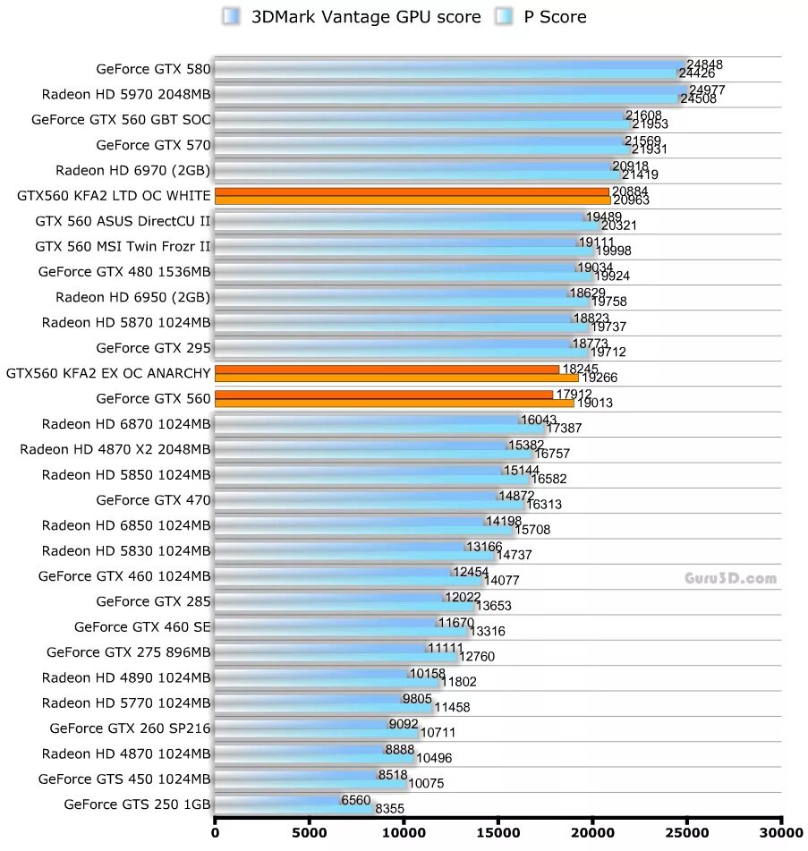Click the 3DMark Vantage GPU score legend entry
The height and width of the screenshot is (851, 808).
tap(353, 17)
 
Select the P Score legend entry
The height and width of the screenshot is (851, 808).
tap(542, 17)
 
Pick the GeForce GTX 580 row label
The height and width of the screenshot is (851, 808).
tap(153, 69)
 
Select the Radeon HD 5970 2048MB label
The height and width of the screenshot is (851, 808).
tap(126, 94)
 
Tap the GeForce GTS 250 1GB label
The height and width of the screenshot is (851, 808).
tap(137, 804)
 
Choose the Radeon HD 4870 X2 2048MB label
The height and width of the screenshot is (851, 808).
tap(115, 449)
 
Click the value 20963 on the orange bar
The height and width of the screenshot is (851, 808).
tap(632, 200)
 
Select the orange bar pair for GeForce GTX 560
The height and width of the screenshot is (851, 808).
tap(394, 398)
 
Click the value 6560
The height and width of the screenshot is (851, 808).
tap(355, 800)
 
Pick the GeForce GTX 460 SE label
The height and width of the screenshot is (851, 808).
tap(142, 626)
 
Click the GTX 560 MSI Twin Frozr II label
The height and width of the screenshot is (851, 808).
tap(123, 246)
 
